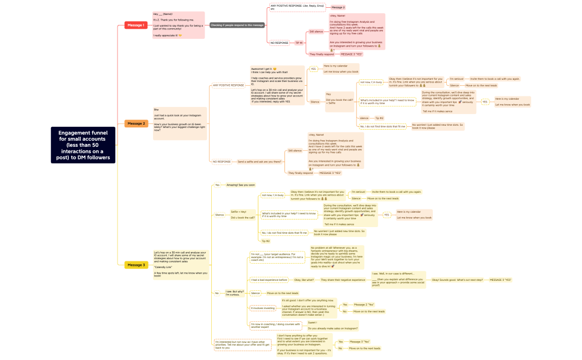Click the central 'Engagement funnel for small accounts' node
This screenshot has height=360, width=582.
[x=83, y=145]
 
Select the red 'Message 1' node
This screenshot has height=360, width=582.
[x=136, y=25]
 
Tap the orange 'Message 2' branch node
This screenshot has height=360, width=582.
[x=136, y=124]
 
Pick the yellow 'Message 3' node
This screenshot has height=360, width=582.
[x=136, y=265]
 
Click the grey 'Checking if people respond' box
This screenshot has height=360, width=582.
[x=237, y=25]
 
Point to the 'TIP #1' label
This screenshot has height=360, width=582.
[x=299, y=43]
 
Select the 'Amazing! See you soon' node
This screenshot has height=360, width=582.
[x=241, y=185]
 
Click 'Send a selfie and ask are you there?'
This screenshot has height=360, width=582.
[x=259, y=162]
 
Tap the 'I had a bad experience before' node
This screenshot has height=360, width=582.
[x=269, y=280]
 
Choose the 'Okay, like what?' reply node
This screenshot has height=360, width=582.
[x=304, y=280]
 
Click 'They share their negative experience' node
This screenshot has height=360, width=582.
[x=343, y=280]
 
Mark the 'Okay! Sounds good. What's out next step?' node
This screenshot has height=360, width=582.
[x=457, y=280]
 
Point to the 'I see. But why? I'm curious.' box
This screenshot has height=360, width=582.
[x=235, y=292]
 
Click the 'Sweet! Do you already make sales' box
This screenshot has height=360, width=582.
[x=333, y=325]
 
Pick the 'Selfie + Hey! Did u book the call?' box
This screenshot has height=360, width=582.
[x=243, y=215]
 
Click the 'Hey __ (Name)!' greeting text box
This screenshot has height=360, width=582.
[x=178, y=25]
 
